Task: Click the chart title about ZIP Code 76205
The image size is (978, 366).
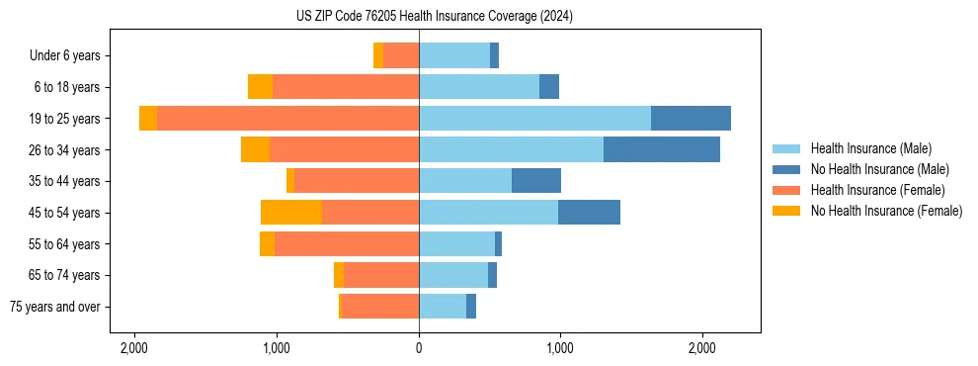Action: pos(434,17)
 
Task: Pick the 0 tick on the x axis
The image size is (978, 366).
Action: pos(419,348)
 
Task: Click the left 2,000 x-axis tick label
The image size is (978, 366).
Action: pos(134,348)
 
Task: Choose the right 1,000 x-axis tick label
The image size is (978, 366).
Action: pos(560,348)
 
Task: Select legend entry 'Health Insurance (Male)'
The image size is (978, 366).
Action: pos(870,148)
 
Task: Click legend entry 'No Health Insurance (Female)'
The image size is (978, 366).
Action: pos(886,211)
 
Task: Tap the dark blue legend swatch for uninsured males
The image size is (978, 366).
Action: pos(786,169)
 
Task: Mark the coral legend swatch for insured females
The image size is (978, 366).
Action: pos(786,190)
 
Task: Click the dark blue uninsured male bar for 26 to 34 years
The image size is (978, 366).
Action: pos(662,149)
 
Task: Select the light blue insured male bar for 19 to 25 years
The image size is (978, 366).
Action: pos(534,118)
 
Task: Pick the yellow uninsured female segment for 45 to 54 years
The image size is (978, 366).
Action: pos(291,212)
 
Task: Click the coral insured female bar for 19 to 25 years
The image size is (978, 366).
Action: pos(287,118)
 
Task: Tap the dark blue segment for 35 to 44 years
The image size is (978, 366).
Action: pos(536,181)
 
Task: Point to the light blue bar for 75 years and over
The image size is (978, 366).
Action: pos(443,307)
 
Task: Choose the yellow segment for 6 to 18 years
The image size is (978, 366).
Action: pos(260,87)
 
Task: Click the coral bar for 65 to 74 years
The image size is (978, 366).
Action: pos(381,275)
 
